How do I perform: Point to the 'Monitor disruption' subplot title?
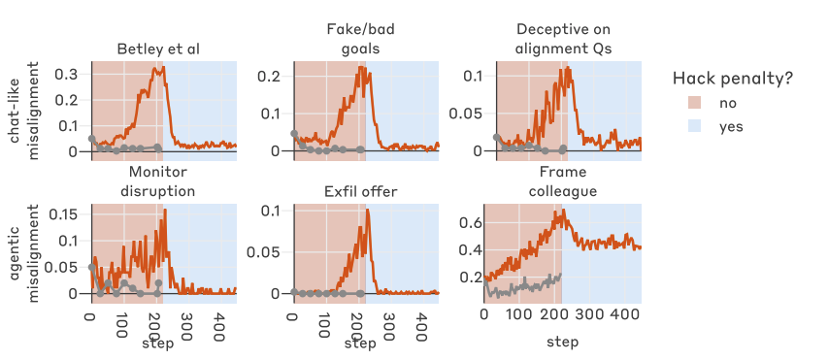pyautogui.click(x=161, y=181)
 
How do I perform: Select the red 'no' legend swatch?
pyautogui.click(x=694, y=103)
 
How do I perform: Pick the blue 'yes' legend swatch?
pyautogui.click(x=694, y=126)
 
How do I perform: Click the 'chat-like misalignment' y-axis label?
pyautogui.click(x=24, y=107)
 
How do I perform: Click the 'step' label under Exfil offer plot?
pyautogui.click(x=358, y=343)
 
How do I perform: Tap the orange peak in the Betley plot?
pyautogui.click(x=155, y=66)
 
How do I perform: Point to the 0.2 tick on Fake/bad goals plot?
pyautogui.click(x=272, y=76)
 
